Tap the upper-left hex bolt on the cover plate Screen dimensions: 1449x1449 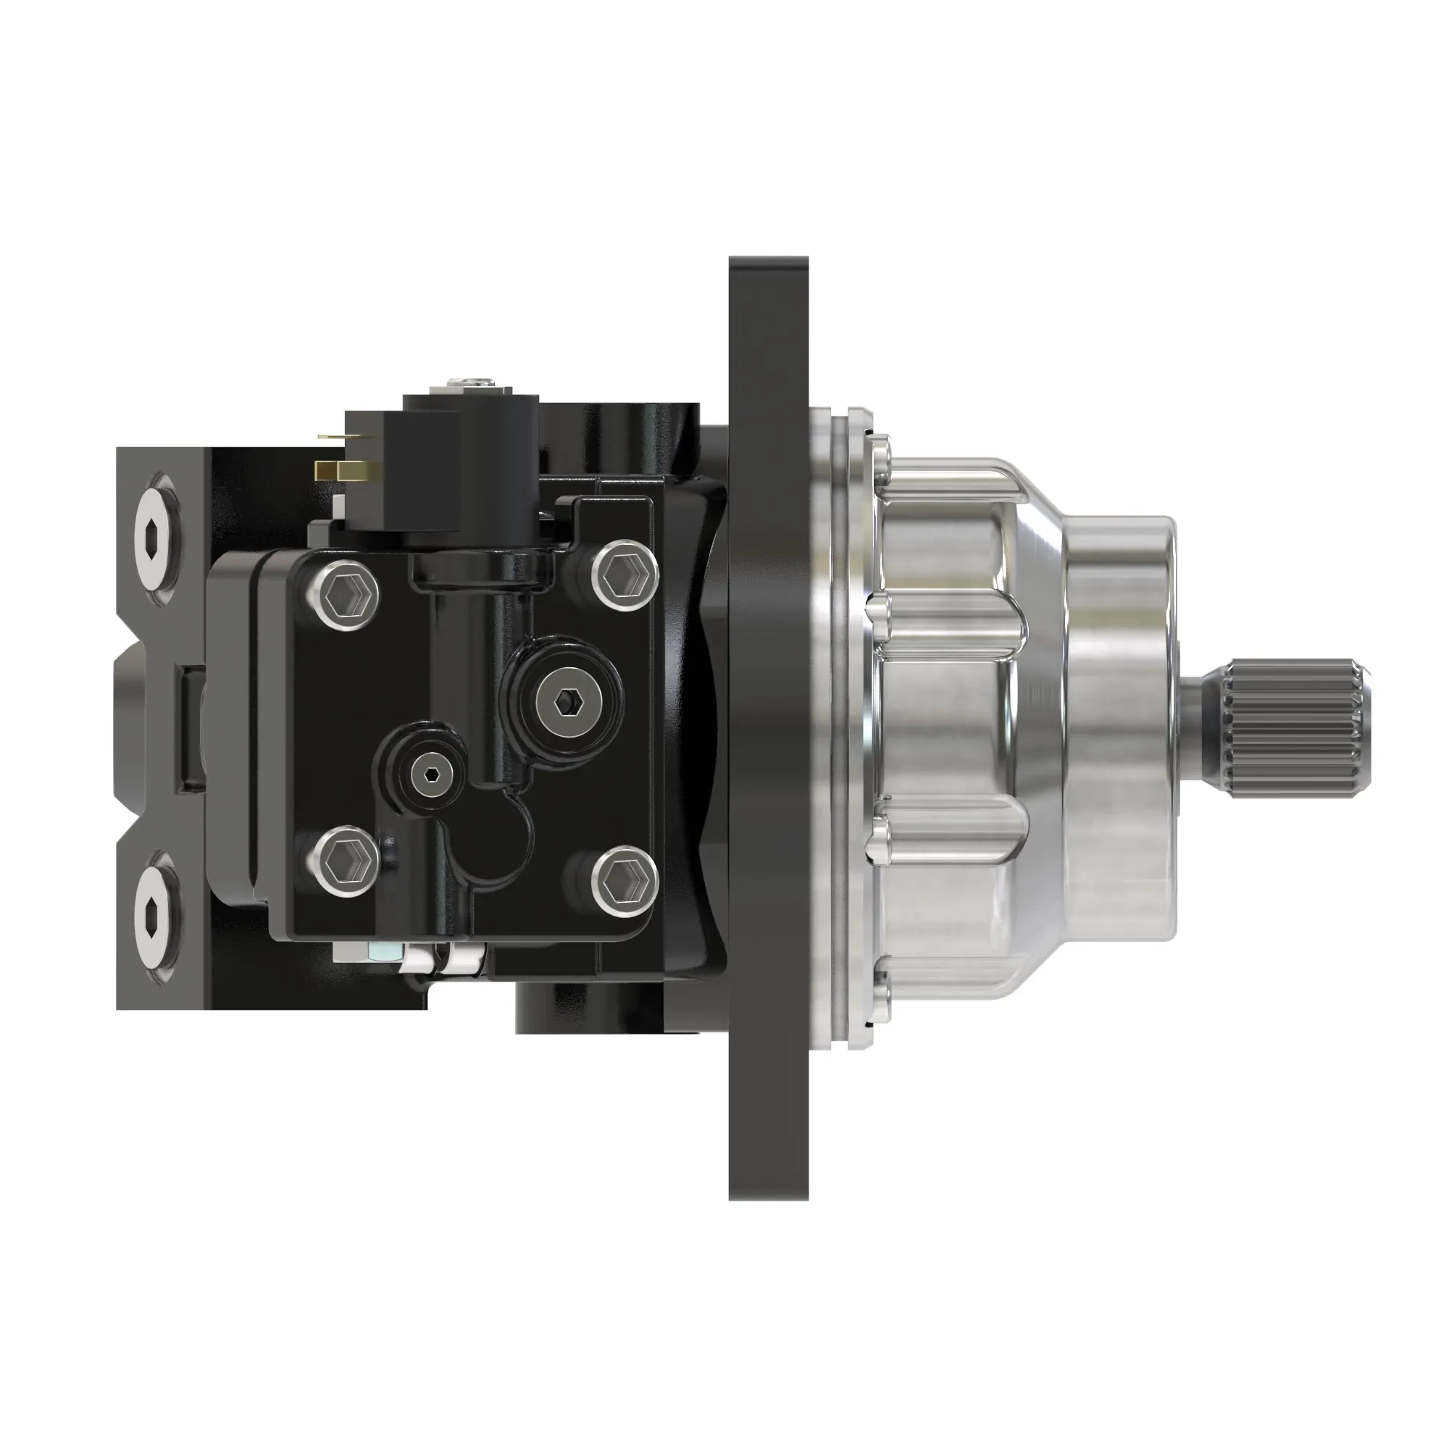click(x=347, y=595)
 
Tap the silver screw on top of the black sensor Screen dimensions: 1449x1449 click(x=468, y=384)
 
